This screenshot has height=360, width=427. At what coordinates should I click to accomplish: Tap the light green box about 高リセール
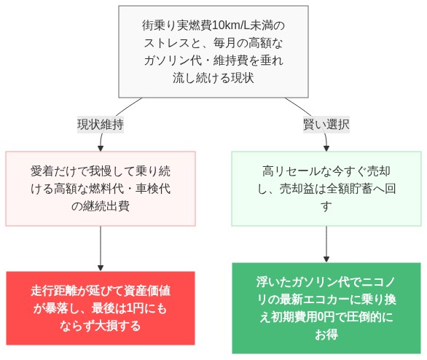(x=326, y=189)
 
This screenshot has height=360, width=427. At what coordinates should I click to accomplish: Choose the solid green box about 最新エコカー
(x=326, y=308)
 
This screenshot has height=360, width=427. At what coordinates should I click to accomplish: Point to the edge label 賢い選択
(x=326, y=124)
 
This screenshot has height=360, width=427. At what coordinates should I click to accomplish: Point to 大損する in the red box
(x=118, y=326)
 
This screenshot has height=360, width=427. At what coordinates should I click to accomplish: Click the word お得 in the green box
(x=326, y=334)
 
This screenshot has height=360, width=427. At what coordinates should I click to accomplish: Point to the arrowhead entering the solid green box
(x=326, y=259)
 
